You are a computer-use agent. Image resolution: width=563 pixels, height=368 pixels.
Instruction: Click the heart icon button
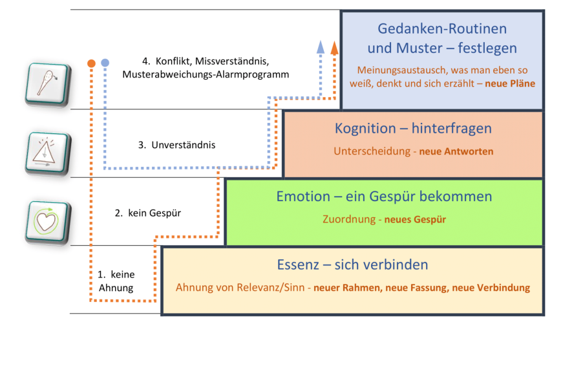tap(47, 222)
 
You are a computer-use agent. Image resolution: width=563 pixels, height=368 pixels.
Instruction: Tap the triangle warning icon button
tap(47, 152)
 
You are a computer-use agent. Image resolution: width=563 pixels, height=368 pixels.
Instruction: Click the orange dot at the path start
tap(91, 63)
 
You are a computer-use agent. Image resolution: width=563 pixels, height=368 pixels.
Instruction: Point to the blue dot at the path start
tap(105, 63)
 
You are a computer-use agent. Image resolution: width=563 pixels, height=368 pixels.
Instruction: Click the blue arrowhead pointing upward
tap(321, 47)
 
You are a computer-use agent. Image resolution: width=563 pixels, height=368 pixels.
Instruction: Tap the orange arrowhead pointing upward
tap(334, 47)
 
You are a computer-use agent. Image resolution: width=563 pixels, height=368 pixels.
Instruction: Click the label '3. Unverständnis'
tap(176, 145)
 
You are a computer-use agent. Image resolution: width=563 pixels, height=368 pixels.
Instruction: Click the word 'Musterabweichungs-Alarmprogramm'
tap(206, 74)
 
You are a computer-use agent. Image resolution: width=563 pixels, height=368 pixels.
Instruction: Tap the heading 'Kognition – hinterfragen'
tap(413, 128)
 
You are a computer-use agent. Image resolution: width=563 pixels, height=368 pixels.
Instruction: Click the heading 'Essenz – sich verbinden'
tap(352, 265)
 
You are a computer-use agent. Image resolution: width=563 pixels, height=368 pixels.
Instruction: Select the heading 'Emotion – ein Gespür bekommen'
tap(384, 196)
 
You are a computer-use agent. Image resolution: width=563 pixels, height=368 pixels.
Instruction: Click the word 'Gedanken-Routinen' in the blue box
tap(441, 29)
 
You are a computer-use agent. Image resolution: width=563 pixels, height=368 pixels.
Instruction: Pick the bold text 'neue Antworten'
tap(456, 151)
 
